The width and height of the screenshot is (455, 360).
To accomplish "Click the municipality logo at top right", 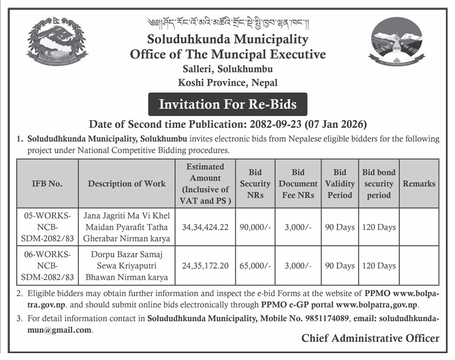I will (x=398, y=43).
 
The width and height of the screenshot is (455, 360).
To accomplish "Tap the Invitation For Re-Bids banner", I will (x=227, y=105).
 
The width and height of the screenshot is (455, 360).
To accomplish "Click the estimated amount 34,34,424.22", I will (x=205, y=227).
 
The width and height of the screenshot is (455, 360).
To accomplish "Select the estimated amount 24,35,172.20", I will (x=205, y=266).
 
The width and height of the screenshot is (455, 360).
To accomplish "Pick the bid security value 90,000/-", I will (x=255, y=227).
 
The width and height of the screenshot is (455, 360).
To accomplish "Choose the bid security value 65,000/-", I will (x=255, y=266).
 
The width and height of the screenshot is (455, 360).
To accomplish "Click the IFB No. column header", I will (x=47, y=183).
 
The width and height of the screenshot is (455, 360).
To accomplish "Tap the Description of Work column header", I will (x=126, y=183).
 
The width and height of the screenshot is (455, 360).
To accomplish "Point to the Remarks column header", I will (x=419, y=183).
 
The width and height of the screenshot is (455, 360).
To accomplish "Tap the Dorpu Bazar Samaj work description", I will (x=126, y=266).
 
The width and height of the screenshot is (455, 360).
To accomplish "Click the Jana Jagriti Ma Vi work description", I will (x=126, y=227).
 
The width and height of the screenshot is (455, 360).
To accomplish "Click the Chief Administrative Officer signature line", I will (x=370, y=338).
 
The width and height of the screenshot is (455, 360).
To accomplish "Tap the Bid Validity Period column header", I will (x=340, y=183).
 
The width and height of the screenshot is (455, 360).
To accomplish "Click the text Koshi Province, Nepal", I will (x=227, y=82).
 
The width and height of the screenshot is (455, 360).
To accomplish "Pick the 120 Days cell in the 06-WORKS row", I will (x=378, y=266).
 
